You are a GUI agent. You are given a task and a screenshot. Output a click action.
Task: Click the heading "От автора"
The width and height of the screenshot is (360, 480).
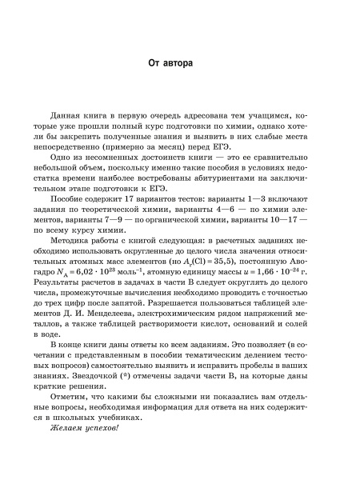pyautogui.click(x=181, y=62)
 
